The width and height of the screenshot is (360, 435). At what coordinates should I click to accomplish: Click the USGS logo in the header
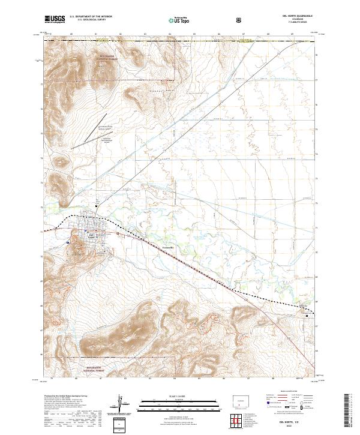tap(55, 20)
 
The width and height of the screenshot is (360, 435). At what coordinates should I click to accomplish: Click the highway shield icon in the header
tap(240, 20)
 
